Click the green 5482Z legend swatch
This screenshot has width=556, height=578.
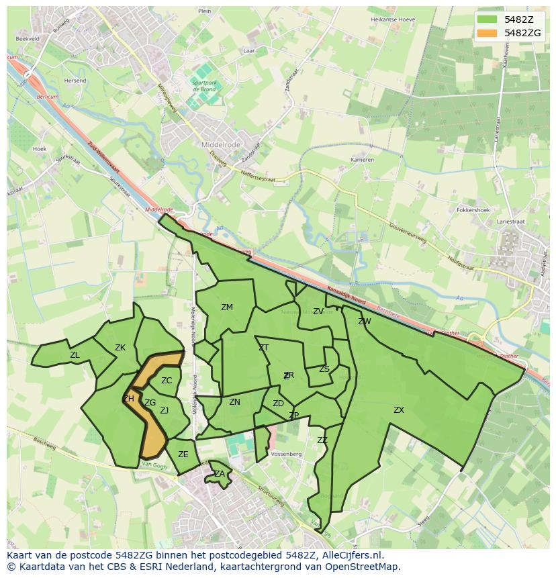487,19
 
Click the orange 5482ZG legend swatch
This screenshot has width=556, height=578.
487,33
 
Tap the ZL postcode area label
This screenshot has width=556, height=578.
75,355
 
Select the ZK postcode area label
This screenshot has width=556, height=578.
120,348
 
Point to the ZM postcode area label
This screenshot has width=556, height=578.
227,307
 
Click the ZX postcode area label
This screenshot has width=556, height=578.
399,410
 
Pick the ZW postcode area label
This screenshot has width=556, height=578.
365,322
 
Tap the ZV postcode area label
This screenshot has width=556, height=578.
318,311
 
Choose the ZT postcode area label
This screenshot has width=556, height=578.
263,348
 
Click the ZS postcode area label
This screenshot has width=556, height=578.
324,369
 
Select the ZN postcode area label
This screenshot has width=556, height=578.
234,402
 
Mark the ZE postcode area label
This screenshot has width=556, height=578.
183,454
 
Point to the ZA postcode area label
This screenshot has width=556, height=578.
220,474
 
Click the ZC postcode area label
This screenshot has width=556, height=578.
167,381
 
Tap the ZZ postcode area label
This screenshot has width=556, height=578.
322,440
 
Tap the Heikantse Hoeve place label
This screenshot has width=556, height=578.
393,19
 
